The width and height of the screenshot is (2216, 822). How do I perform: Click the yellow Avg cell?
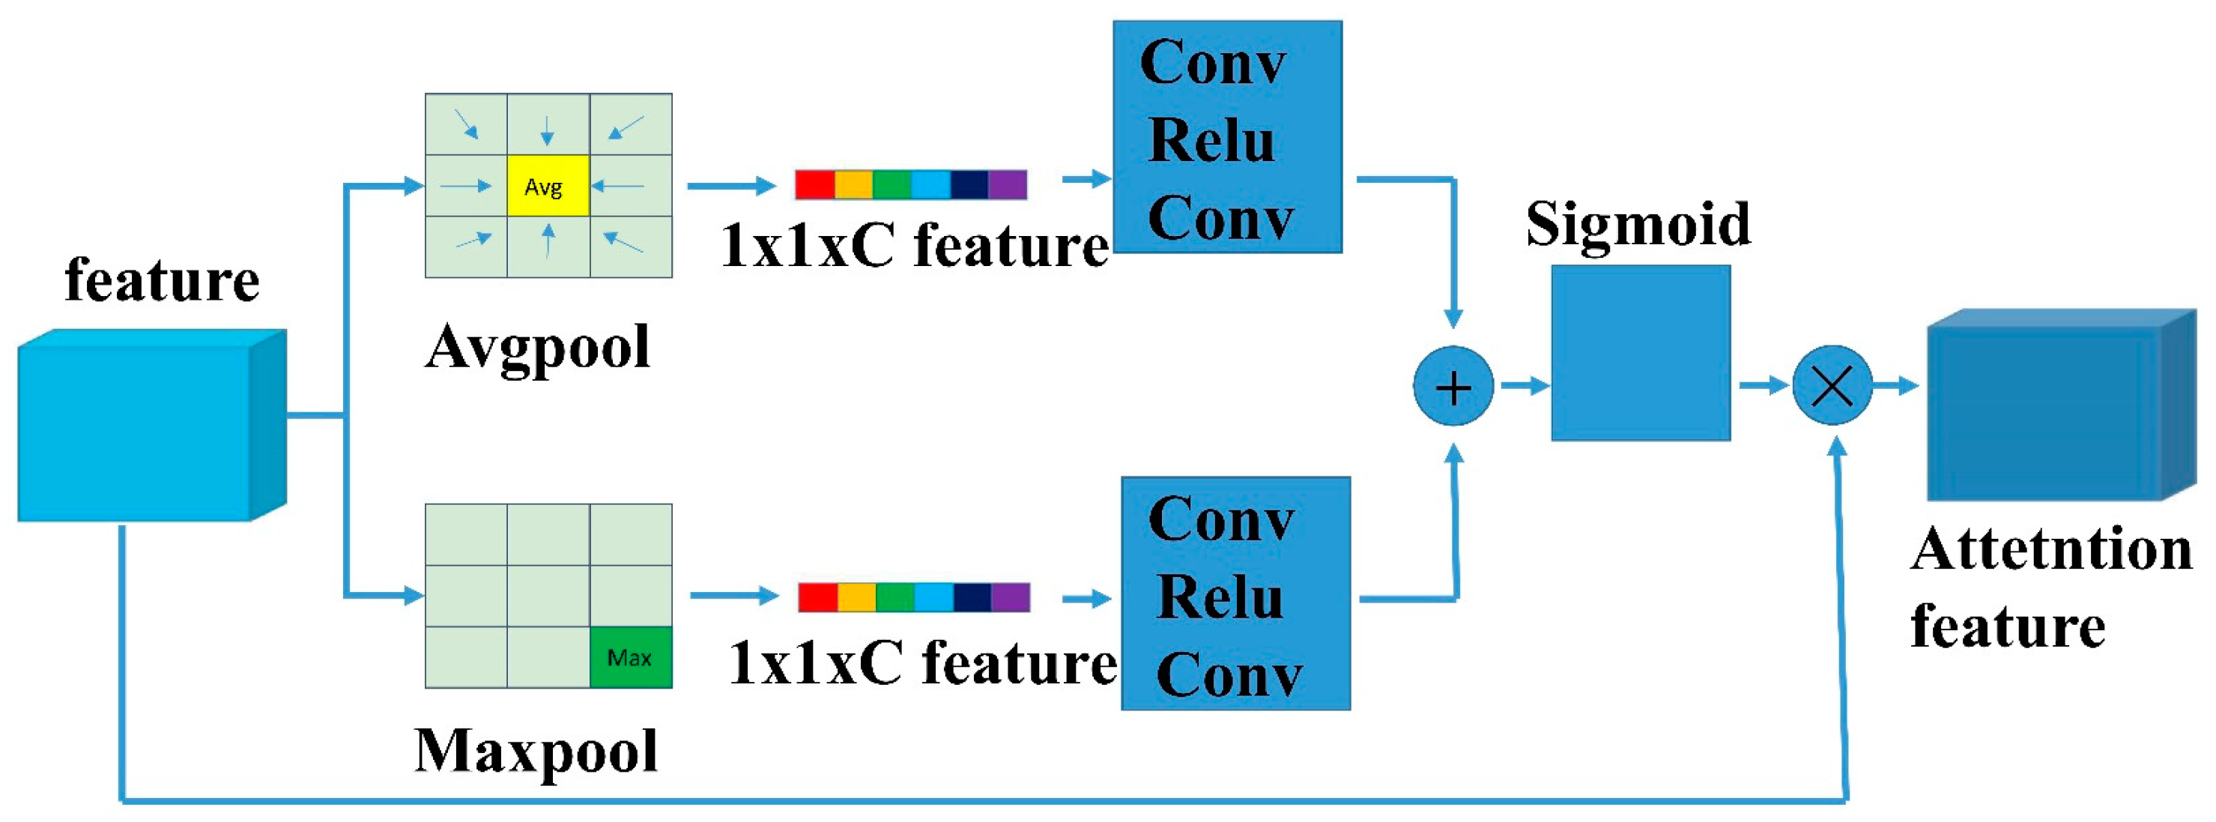coord(548,185)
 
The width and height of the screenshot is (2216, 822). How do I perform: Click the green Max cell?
coord(631,658)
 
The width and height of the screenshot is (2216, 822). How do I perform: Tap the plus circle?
coord(1453,387)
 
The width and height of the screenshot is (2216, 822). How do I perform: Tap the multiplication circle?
coord(1832,386)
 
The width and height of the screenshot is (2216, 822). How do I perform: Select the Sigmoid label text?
coord(1638,223)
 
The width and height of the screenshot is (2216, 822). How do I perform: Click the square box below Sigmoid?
coord(1641,353)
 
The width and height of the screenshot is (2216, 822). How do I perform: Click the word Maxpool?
coord(536,752)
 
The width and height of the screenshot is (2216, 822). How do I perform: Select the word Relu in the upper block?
coord(1211,140)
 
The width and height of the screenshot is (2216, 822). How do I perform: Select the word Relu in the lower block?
coord(1219,596)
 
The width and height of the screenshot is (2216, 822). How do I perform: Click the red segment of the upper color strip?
coord(814,184)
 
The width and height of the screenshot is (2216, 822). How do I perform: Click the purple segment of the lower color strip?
coord(1010,596)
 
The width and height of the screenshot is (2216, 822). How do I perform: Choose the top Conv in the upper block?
coord(1213,63)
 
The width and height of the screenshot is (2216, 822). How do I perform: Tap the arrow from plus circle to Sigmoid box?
coord(1524,386)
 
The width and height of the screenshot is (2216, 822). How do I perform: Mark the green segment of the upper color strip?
coord(892,184)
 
